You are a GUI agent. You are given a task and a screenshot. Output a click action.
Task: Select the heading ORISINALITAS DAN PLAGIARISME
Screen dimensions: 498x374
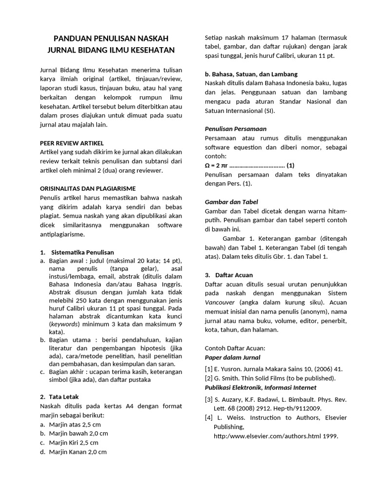tap(87, 188)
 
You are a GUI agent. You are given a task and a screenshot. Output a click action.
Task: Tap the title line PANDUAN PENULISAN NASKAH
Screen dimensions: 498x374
tap(111, 38)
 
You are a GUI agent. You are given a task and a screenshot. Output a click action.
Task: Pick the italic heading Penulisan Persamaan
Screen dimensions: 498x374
tap(235, 129)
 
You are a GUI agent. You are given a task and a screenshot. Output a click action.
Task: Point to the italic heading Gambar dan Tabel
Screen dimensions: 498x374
tap(231, 202)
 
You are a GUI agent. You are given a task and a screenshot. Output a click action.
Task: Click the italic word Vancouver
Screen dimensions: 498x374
tap(219, 302)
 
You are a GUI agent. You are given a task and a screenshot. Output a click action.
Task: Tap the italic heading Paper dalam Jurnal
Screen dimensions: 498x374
tap(232, 357)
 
